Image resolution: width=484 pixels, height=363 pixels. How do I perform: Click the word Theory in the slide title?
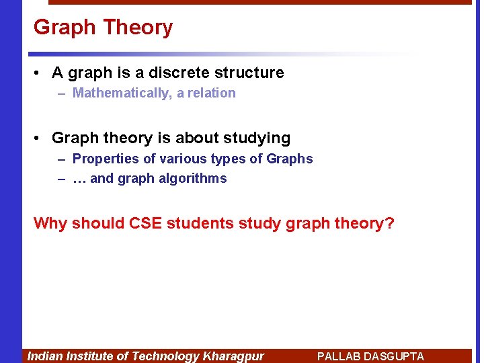[139, 28]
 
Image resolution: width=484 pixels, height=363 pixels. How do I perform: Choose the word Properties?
[102, 159]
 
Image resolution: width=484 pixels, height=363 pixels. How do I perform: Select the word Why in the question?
[50, 223]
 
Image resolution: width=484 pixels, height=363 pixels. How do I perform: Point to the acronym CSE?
[141, 223]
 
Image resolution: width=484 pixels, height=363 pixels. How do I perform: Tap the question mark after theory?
[389, 223]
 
